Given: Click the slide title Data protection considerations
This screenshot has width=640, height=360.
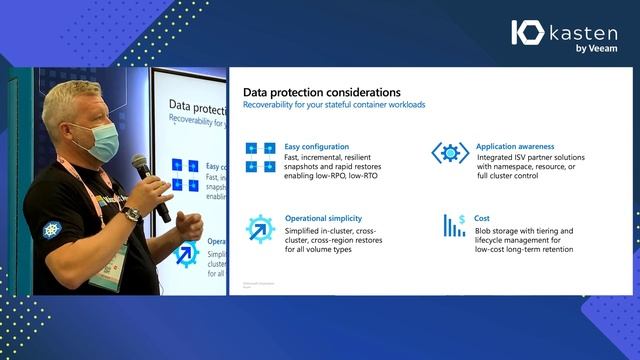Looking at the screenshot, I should (x=322, y=92).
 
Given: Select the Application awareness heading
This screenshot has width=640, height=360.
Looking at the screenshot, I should (x=515, y=146).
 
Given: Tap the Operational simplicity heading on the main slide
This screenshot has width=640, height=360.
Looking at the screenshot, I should (x=323, y=218).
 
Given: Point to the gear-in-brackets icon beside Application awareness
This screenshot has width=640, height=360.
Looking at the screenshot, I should (x=449, y=153).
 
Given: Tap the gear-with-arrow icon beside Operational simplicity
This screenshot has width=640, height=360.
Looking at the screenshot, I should (x=260, y=228).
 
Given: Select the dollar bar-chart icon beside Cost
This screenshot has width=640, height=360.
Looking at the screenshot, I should (x=454, y=225).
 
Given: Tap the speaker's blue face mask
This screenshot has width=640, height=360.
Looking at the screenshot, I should (x=98, y=141).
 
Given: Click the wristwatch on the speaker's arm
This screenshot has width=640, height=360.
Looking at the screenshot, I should (x=131, y=214).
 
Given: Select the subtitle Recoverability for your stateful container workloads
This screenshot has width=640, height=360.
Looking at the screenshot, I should (x=335, y=105).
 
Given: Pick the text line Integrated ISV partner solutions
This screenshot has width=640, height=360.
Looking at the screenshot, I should (x=530, y=158).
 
